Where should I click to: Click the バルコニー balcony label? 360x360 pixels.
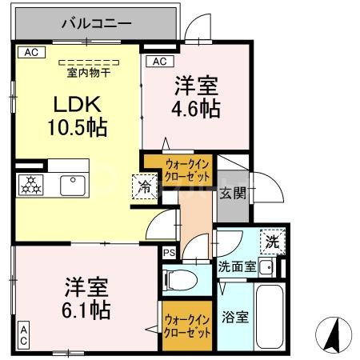pos(97,23)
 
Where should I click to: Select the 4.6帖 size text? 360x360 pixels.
pos(195,110)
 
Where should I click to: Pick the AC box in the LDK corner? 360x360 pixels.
pos(30,52)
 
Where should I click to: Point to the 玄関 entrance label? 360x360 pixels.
pos(234,192)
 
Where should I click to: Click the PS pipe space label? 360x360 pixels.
pos(169,253)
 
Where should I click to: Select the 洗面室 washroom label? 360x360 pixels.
pos(237,267)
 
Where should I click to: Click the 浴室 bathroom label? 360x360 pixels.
pos(235,316)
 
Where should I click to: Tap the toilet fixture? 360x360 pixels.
pos(179,280)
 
